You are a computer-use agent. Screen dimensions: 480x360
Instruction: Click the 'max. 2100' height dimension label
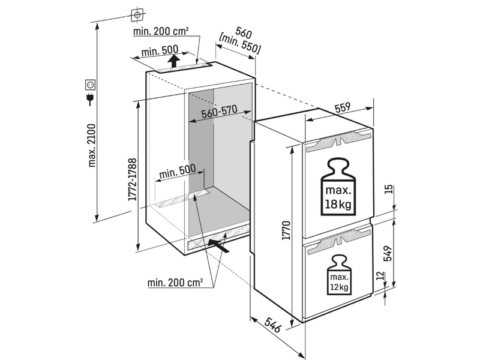[x=92, y=145]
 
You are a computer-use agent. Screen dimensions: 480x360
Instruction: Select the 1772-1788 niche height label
[x=132, y=179]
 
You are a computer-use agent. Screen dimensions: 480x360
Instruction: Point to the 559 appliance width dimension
[x=342, y=108]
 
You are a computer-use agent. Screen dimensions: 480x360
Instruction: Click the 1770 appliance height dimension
[x=286, y=230]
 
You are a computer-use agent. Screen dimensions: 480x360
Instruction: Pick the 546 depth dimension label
[x=272, y=325]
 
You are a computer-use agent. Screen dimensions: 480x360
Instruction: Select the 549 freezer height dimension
[x=388, y=253]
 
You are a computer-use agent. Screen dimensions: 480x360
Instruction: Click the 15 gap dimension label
[x=388, y=189]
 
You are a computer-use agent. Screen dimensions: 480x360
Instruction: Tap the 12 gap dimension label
[x=380, y=275]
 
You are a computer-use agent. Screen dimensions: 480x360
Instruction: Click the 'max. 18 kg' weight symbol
[x=338, y=187]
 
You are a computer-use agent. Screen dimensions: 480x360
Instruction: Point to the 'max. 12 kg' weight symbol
[x=339, y=275]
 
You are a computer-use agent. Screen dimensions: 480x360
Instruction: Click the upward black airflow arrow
[x=174, y=61]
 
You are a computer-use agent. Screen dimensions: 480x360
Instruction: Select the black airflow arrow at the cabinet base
[x=218, y=246]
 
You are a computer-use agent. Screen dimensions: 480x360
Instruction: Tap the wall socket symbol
[x=91, y=85]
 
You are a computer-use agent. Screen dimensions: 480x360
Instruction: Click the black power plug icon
[x=91, y=98]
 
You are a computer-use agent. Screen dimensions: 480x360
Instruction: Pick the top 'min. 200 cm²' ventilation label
[x=161, y=31]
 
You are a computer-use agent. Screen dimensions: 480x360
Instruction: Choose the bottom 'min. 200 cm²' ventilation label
[x=175, y=282]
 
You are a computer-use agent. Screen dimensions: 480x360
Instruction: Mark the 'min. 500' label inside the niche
[x=177, y=172]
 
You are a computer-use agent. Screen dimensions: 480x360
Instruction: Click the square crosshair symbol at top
[x=137, y=14]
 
